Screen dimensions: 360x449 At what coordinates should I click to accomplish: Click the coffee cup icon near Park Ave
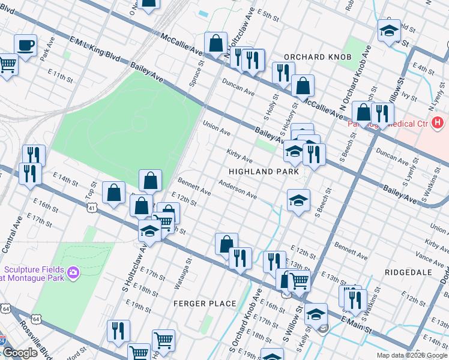point(25,45)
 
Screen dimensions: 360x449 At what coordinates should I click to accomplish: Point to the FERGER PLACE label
point(205,304)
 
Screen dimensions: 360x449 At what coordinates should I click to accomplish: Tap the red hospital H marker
point(438,123)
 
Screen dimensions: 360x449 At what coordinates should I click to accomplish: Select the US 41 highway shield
point(91,208)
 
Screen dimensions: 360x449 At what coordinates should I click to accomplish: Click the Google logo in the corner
point(20,353)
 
